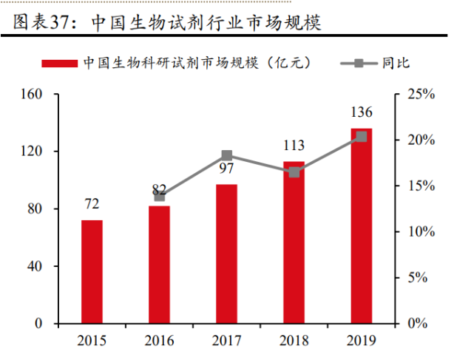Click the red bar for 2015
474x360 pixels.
[x=92, y=272]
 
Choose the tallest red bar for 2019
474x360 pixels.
[x=361, y=226]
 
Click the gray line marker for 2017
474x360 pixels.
[x=227, y=155]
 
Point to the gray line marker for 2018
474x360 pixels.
[x=294, y=172]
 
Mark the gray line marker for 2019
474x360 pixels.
[x=361, y=136]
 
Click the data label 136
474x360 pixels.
[x=361, y=113]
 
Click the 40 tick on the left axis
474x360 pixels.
[x=40, y=266]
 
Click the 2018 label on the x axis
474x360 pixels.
[x=294, y=341]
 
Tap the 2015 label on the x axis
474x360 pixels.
[x=92, y=341]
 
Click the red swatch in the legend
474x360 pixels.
[x=59, y=63]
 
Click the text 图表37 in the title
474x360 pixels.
[x=41, y=22]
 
